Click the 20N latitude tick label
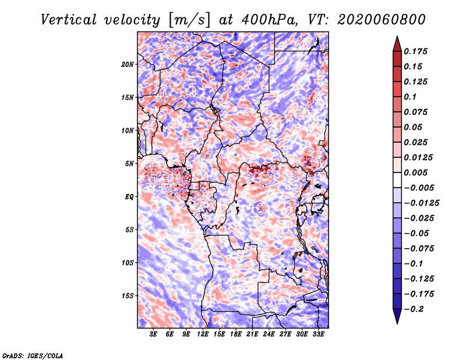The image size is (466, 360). [x=128, y=64]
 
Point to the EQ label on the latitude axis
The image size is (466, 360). [x=129, y=197]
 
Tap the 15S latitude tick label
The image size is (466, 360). [x=128, y=296]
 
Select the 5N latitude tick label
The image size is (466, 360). [x=129, y=164]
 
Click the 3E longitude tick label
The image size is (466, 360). [x=154, y=334]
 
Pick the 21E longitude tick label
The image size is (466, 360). [x=252, y=334]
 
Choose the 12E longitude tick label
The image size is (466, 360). [x=203, y=334]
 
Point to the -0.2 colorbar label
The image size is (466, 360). [x=416, y=309]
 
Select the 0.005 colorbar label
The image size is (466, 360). [x=417, y=172]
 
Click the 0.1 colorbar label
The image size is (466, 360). [x=412, y=97]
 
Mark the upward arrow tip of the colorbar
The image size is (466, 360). [x=397, y=37]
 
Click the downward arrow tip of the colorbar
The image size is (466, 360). [x=397, y=322]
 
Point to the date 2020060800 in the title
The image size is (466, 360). [x=375, y=20]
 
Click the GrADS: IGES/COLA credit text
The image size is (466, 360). [x=33, y=355]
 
